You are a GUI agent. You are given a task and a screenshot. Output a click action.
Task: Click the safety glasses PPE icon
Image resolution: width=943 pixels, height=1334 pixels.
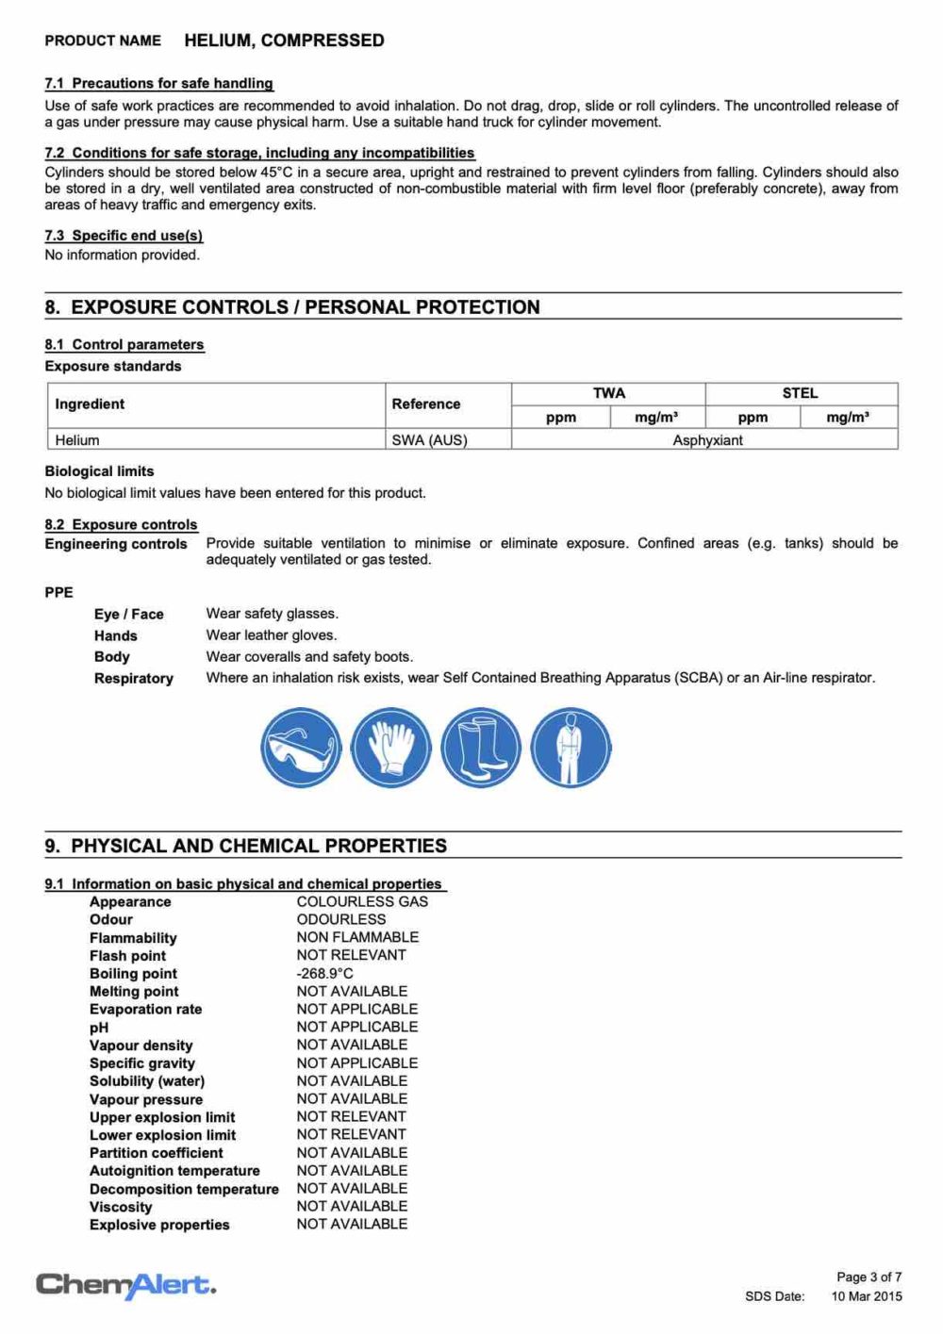tap(301, 748)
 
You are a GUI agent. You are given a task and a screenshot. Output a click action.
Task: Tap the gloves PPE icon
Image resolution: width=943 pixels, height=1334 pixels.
tap(390, 748)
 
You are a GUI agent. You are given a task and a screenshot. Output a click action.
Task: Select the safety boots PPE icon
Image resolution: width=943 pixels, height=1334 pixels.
tap(481, 748)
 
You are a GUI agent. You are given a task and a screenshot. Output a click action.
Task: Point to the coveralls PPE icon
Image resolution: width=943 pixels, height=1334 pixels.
tap(571, 748)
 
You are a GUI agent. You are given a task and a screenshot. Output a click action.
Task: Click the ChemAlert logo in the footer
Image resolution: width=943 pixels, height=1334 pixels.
tap(125, 1284)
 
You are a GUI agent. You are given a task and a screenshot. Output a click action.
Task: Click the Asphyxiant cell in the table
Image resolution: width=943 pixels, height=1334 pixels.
tap(707, 440)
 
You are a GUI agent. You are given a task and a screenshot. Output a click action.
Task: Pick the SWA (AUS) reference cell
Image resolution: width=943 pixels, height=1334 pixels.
tap(429, 440)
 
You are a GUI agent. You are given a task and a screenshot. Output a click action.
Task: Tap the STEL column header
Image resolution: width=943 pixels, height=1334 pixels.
tap(800, 393)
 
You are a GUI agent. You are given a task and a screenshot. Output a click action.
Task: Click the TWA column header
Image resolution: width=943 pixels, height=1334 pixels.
tap(608, 393)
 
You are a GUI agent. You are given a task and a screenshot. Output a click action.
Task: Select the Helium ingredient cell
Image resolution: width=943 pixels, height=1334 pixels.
tap(77, 440)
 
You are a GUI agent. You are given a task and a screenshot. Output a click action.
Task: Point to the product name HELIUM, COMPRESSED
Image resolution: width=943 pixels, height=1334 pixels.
tap(284, 41)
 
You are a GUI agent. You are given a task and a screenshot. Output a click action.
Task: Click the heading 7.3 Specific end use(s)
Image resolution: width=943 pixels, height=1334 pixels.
tap(124, 236)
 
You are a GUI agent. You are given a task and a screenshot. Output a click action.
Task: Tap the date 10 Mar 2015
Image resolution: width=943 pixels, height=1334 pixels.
tap(866, 1296)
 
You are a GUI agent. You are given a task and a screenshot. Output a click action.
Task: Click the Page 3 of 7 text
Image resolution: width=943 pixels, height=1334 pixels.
tap(869, 1277)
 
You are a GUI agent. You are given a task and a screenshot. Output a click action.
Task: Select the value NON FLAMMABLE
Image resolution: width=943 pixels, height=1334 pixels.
tap(357, 937)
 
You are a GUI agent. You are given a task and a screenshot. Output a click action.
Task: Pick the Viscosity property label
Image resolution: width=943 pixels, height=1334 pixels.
tap(121, 1207)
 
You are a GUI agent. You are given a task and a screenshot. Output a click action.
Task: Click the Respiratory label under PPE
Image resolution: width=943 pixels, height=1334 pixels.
tap(134, 679)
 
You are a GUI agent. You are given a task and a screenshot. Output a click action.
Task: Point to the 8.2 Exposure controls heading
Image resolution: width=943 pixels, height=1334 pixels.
tap(121, 524)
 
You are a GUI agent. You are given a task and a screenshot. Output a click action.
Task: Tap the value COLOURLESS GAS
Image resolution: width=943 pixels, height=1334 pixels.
tap(362, 901)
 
